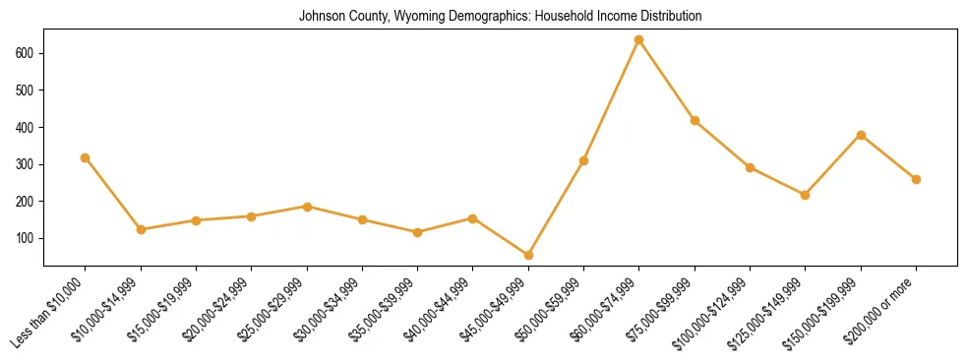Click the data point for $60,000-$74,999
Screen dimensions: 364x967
click(x=639, y=40)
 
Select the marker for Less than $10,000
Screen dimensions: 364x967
click(x=86, y=157)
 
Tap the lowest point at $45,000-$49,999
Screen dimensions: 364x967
click(x=528, y=255)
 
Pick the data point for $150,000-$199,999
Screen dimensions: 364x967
click(x=861, y=135)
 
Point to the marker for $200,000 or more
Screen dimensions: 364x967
click(x=916, y=179)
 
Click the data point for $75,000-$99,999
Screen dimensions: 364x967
click(x=695, y=121)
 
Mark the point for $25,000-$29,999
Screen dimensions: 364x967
click(x=307, y=207)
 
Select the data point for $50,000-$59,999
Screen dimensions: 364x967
click(x=583, y=160)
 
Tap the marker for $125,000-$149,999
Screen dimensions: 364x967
click(x=806, y=195)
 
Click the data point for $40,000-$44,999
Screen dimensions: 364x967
click(x=473, y=218)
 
